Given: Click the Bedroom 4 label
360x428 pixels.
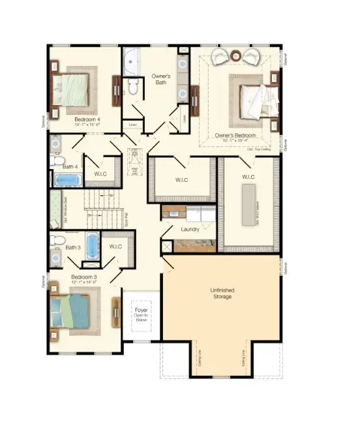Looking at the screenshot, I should pyautogui.click(x=87, y=119).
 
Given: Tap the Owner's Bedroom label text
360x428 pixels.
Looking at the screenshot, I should pyautogui.click(x=235, y=135).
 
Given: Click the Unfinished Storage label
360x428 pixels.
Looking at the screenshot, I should pyautogui.click(x=221, y=293).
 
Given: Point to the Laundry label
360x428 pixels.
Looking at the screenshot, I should pyautogui.click(x=190, y=229).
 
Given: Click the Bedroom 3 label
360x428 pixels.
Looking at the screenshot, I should pyautogui.click(x=83, y=277).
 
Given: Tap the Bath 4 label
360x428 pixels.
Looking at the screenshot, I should pyautogui.click(x=70, y=166).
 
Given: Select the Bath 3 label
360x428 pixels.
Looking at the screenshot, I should pyautogui.click(x=72, y=247).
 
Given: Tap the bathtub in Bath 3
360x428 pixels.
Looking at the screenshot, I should pyautogui.click(x=92, y=245).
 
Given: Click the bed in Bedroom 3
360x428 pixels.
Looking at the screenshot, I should pyautogui.click(x=71, y=311).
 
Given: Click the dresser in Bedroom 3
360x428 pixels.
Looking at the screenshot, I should pyautogui.click(x=117, y=313).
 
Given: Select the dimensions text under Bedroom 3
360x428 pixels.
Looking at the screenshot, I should pyautogui.click(x=83, y=283).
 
